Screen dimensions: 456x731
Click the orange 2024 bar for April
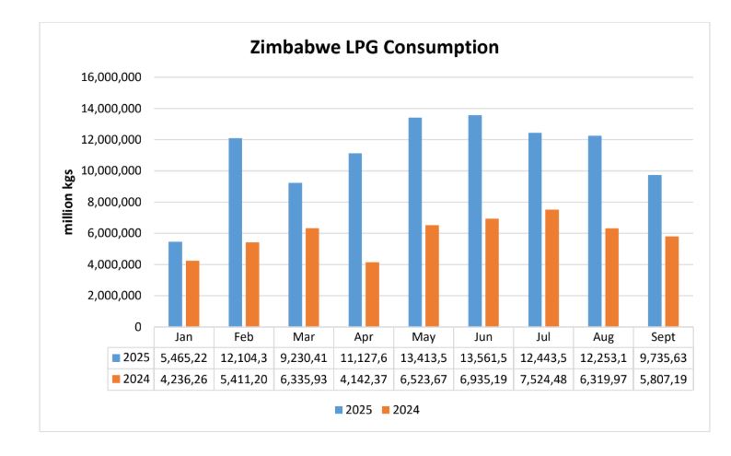[x=371, y=294]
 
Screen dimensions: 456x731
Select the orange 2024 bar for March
[x=311, y=277]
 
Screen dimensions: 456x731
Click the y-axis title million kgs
[x=69, y=202]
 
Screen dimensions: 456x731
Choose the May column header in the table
[x=424, y=337]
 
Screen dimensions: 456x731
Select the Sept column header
[x=663, y=337]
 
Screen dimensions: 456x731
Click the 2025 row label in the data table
[x=133, y=357]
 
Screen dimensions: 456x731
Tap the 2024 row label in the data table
[x=133, y=380]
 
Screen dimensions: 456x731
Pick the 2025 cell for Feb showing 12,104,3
[x=244, y=357]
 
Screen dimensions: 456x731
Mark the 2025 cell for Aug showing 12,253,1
[x=603, y=357]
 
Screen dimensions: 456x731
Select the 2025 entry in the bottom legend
[x=353, y=410]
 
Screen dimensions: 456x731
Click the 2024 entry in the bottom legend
[x=402, y=410]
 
